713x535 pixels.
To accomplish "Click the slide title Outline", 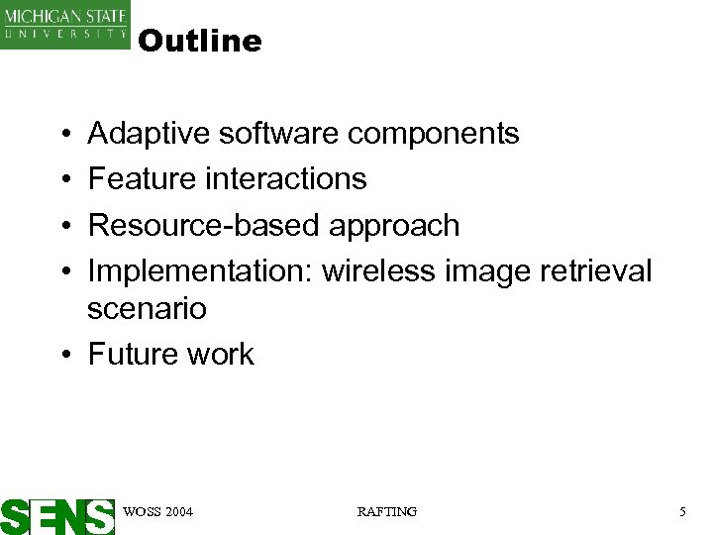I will tap(200, 42).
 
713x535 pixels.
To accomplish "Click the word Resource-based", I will tap(204, 225).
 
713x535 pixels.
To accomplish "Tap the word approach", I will tap(394, 226).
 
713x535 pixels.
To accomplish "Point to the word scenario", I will tap(147, 309).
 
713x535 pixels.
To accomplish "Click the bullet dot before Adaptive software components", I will tap(62, 134).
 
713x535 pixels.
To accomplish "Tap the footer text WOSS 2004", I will tap(157, 511).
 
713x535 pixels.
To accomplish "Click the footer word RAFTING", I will tap(386, 511).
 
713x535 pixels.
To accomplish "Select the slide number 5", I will tap(682, 511).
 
